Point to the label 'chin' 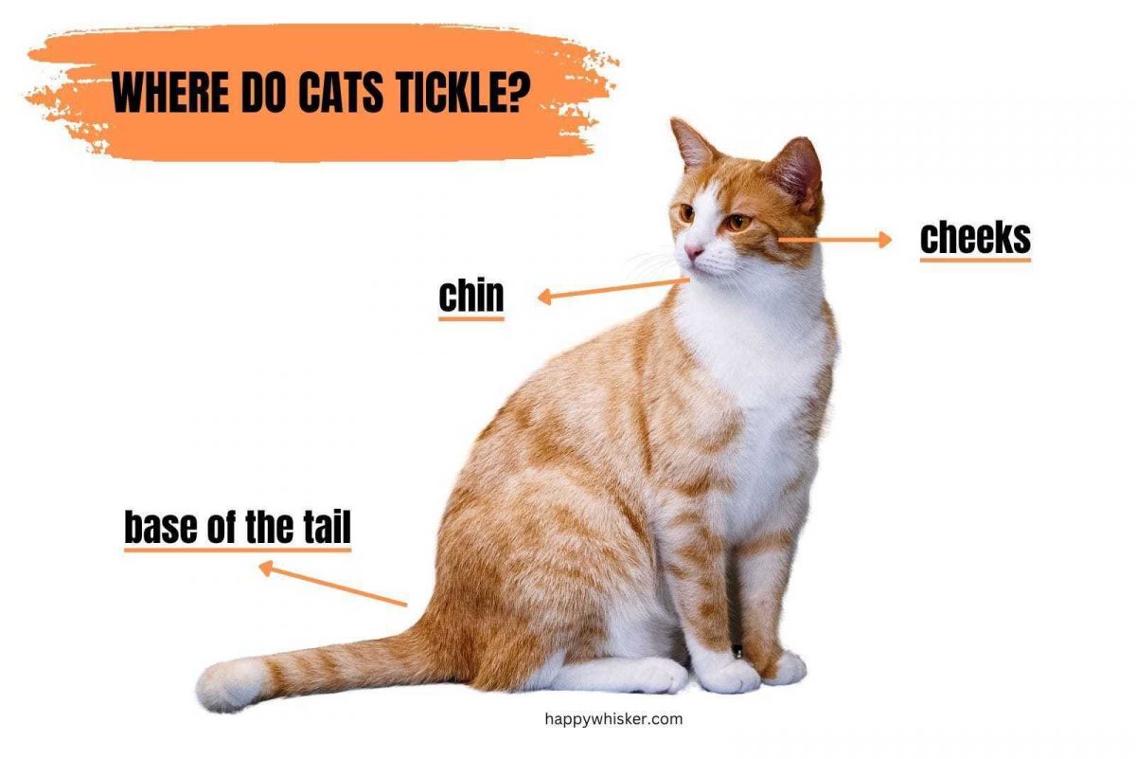point(471,296)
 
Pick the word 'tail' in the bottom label point(327,527)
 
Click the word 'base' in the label point(158,527)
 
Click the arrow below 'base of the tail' point(332,584)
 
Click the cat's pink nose point(693,251)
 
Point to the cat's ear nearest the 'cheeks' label point(796,172)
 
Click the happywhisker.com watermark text point(613,719)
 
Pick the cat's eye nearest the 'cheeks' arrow point(736,223)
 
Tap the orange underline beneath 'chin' point(471,318)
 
